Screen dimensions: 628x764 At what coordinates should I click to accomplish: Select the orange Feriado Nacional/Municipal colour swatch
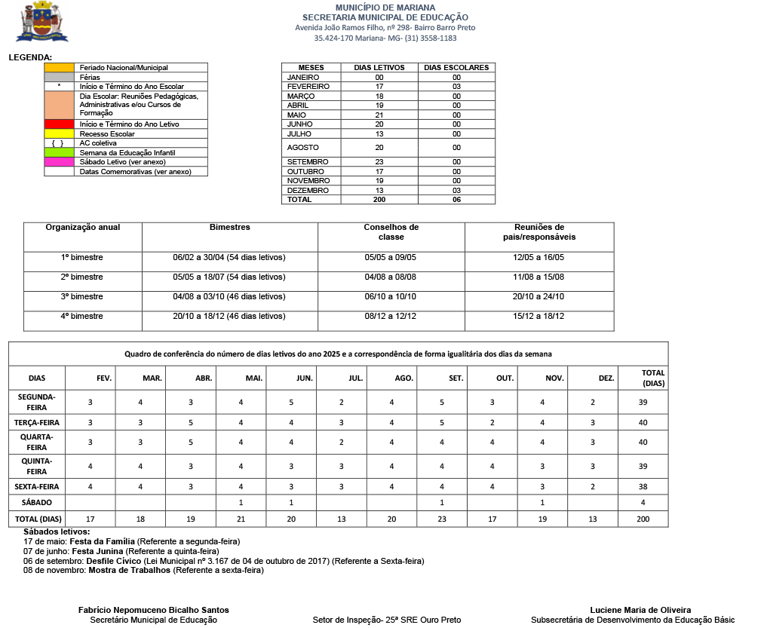click(59, 68)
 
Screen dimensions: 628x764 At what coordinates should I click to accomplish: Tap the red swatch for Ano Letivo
click(59, 124)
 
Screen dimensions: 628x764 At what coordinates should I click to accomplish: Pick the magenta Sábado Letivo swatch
click(59, 162)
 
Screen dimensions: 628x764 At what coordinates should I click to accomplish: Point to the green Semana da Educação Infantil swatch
click(59, 152)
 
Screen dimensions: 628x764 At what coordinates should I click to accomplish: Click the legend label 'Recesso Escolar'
click(107, 133)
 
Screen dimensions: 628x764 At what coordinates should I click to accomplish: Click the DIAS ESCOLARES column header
click(456, 68)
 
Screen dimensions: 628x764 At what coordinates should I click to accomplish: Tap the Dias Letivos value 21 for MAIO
click(379, 115)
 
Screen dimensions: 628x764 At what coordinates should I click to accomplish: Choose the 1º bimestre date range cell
click(229, 257)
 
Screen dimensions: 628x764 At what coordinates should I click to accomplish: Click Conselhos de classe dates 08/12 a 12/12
click(390, 316)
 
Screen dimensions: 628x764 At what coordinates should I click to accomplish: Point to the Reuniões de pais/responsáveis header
click(538, 231)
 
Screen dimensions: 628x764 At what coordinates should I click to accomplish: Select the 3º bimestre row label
click(82, 296)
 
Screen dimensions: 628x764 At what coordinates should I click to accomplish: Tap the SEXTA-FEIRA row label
click(37, 486)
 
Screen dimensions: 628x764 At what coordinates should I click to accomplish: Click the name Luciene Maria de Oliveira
click(640, 610)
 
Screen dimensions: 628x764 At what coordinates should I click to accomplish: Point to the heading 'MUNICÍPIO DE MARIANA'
click(385, 7)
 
